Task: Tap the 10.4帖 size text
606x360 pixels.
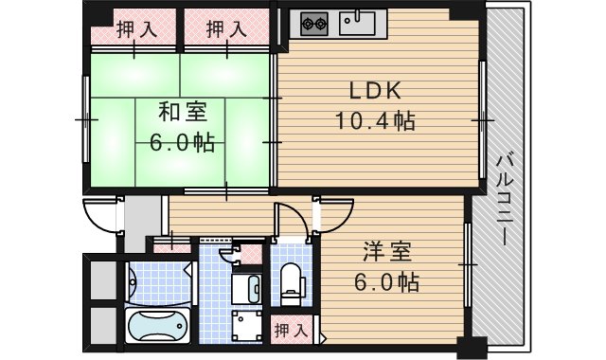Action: (375, 121)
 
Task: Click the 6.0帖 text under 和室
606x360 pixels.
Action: (181, 143)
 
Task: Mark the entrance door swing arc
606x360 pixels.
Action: (97, 217)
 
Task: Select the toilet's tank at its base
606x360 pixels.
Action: (292, 295)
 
